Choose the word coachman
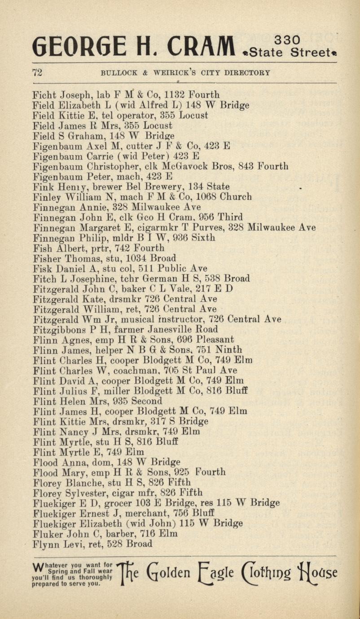134,371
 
